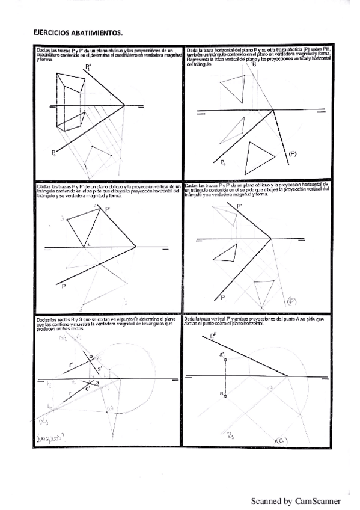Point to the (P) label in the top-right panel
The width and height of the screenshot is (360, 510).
pos(293,154)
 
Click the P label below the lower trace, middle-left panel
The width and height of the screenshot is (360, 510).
pos(63,286)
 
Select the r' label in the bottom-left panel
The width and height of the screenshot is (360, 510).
pos(71,364)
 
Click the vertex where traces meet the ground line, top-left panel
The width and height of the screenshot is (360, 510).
pos(124,106)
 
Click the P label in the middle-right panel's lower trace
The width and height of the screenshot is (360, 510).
pos(222,297)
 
